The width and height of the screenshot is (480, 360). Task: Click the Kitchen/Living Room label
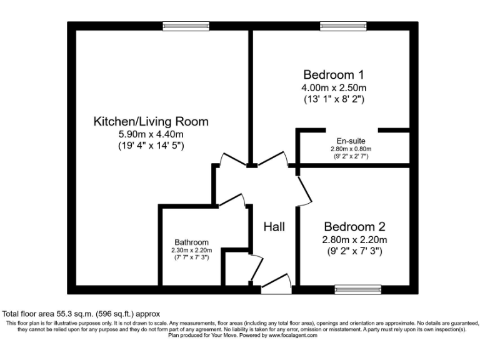click(x=151, y=121)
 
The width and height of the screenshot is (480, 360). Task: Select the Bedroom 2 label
click(x=354, y=227)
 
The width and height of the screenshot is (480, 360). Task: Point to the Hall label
click(x=274, y=226)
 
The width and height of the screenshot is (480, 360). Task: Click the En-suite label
click(x=351, y=141)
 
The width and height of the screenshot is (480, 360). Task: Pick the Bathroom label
click(x=191, y=242)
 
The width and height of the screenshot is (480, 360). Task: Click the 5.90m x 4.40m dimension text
click(x=151, y=134)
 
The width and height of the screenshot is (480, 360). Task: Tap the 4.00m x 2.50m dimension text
click(x=334, y=87)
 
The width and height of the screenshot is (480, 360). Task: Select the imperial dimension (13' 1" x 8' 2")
click(x=334, y=99)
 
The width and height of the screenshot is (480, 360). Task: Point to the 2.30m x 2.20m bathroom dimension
click(x=191, y=250)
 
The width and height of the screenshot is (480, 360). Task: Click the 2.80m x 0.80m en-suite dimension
click(x=351, y=149)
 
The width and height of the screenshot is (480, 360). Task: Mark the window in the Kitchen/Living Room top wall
click(x=177, y=26)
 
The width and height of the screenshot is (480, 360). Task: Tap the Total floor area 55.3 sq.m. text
click(x=81, y=314)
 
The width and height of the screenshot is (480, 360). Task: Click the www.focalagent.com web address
click(x=293, y=335)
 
